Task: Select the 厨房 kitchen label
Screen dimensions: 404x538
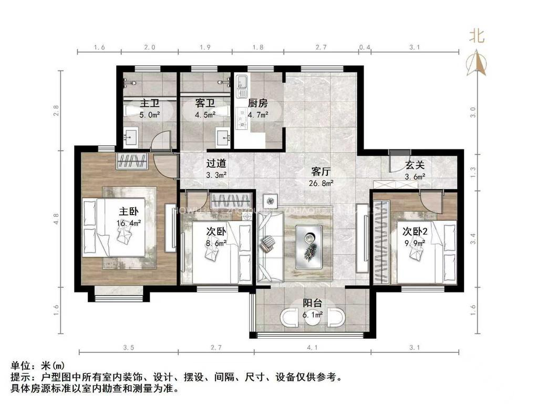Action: (258, 103)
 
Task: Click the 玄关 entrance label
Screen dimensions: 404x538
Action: (414, 165)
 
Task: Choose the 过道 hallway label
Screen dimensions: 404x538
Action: (216, 164)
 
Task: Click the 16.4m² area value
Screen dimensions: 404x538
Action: (128, 223)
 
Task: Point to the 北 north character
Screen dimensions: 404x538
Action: (477, 36)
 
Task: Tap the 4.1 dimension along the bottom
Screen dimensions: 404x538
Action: (313, 347)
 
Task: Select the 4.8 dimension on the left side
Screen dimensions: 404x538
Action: (57, 217)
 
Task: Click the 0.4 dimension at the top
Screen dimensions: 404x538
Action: (365, 47)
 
